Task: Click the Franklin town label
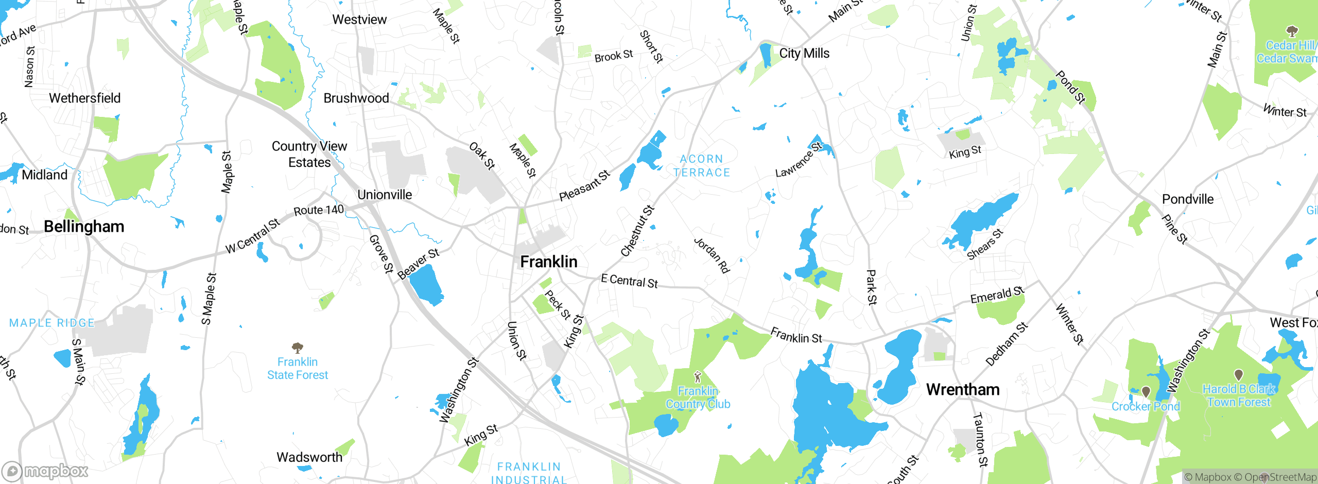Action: (x=548, y=262)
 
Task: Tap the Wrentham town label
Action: (x=963, y=389)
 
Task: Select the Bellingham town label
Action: (x=84, y=227)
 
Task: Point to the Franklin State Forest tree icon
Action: (x=297, y=348)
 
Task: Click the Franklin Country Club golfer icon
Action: (x=698, y=377)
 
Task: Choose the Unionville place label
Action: (x=385, y=195)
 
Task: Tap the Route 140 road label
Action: (x=318, y=210)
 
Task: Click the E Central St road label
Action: (x=629, y=281)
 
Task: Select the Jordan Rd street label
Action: (x=712, y=255)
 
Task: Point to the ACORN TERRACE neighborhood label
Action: (x=702, y=166)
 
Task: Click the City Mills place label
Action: (x=804, y=53)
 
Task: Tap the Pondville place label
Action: (x=1188, y=199)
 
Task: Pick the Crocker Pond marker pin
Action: (x=1146, y=392)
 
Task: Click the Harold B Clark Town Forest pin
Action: (x=1239, y=374)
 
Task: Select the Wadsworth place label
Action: (x=309, y=457)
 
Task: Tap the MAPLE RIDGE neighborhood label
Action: (x=52, y=323)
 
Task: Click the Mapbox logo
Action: (x=45, y=471)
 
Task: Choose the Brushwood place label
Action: (x=356, y=98)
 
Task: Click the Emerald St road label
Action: (x=997, y=295)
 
